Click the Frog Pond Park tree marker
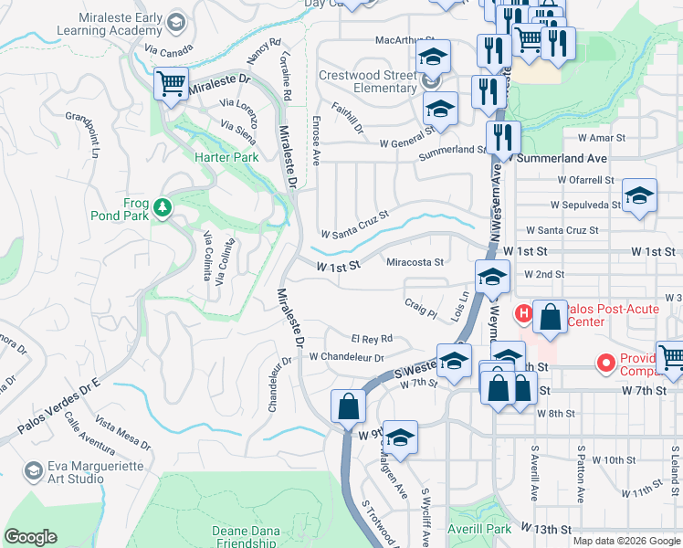(x=163, y=207)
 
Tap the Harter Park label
(x=226, y=157)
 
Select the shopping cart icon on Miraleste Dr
(x=171, y=85)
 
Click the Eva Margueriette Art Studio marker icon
(x=34, y=470)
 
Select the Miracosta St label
(x=415, y=262)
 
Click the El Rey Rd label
(x=372, y=338)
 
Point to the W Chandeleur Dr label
(x=347, y=357)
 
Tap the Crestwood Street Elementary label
(x=367, y=81)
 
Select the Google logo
(x=30, y=537)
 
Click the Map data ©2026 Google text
(x=625, y=541)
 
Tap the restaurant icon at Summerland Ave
(x=503, y=138)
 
